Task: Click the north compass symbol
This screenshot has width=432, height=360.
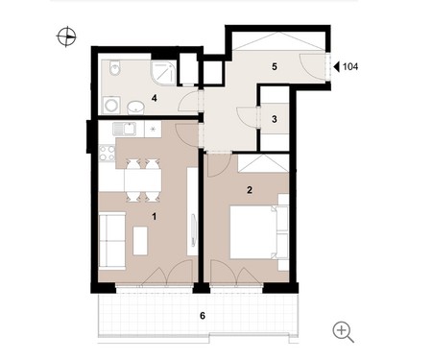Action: coord(66,36)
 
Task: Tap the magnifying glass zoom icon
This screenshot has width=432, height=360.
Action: coord(343,332)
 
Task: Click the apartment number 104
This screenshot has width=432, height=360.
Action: coord(350,67)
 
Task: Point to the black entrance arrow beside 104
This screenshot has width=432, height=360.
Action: coord(336,67)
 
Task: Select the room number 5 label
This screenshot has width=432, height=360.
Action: coord(275,67)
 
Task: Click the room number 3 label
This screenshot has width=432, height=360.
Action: coord(275,119)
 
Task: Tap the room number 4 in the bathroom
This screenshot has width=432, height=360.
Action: coord(155,98)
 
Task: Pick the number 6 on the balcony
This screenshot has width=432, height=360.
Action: coord(203,316)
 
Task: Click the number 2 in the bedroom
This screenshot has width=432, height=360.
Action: coord(250,190)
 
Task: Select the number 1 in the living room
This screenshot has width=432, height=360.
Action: coord(155,217)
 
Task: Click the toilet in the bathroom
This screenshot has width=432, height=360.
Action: coord(114,68)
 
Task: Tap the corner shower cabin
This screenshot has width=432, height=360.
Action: coord(163,73)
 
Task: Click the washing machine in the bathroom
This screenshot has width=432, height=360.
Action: coord(111,106)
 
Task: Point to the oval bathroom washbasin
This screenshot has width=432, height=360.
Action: coord(136,108)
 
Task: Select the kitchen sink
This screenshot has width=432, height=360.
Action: coord(124,129)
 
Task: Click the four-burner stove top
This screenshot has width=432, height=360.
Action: coord(107,154)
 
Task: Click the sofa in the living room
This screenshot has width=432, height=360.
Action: coord(111,241)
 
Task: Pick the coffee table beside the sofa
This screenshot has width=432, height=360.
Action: coord(140,241)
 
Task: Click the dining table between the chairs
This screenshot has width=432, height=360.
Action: coord(143,180)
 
